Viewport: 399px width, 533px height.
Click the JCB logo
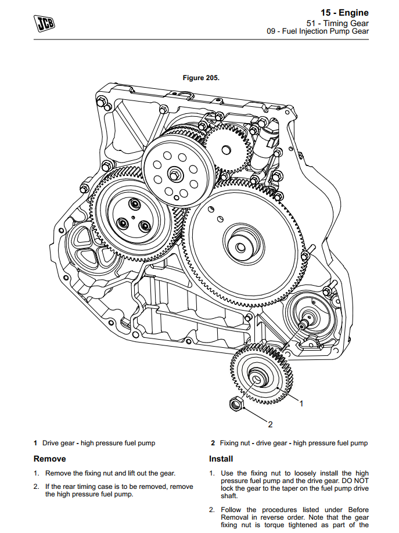(x=44, y=23)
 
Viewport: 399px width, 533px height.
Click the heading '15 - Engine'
(x=344, y=13)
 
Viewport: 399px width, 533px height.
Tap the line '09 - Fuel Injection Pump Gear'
(x=318, y=32)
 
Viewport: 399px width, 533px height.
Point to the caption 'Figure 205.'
(x=201, y=78)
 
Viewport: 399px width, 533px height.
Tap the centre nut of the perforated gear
(x=174, y=172)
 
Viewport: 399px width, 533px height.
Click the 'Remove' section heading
(x=50, y=459)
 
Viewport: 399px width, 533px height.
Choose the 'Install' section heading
(x=221, y=459)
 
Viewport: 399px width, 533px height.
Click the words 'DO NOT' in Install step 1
(x=356, y=481)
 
